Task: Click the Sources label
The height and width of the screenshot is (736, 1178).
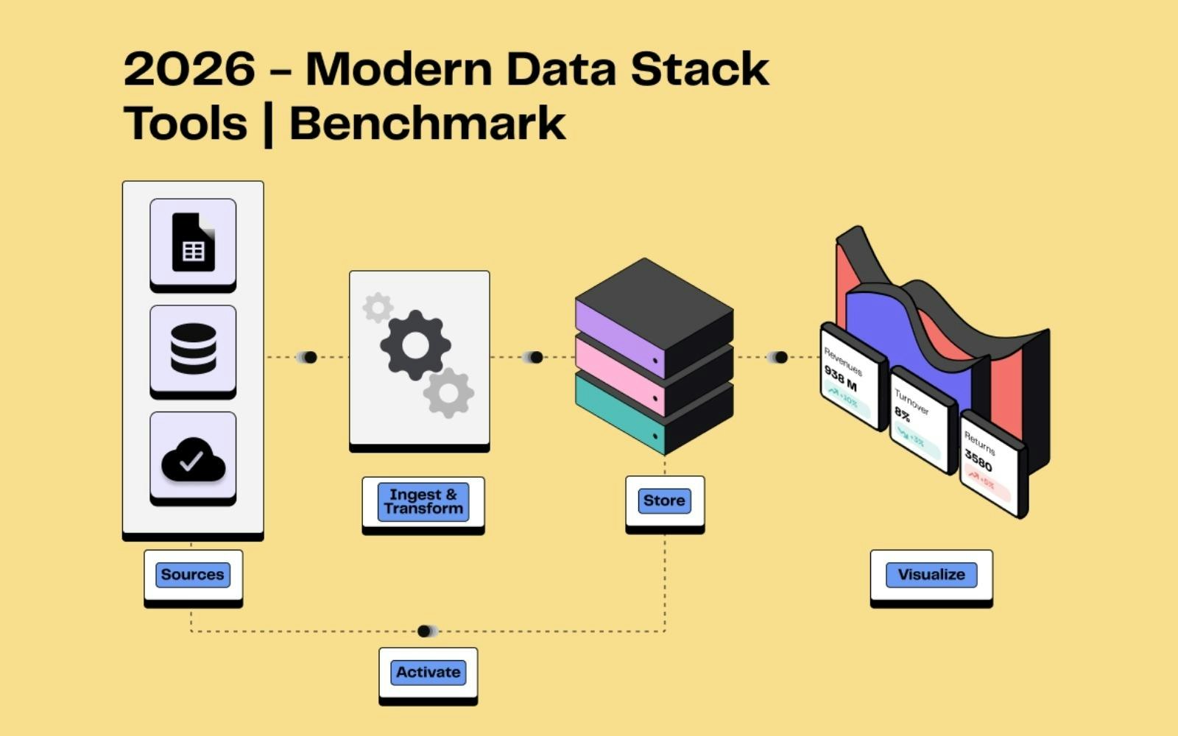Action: click(193, 575)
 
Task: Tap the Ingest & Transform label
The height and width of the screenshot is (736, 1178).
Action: click(423, 502)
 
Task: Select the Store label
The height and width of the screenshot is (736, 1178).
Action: click(664, 500)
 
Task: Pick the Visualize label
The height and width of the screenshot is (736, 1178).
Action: click(931, 575)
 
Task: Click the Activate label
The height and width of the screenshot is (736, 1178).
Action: click(428, 672)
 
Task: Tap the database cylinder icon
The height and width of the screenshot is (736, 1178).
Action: click(193, 349)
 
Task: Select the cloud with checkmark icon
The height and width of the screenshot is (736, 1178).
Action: click(193, 459)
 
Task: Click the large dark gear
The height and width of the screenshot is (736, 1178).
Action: click(415, 345)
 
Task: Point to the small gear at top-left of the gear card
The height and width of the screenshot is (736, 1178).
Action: click(378, 308)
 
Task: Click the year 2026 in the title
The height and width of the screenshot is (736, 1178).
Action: click(189, 69)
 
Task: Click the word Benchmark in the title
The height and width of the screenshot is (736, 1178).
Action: click(428, 123)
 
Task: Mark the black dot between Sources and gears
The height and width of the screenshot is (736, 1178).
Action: click(310, 357)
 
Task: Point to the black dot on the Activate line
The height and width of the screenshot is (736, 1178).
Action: click(423, 631)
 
